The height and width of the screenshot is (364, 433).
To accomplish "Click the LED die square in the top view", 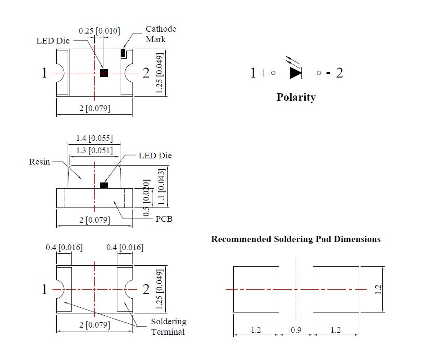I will (104, 72).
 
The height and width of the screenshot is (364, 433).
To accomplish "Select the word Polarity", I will (296, 97).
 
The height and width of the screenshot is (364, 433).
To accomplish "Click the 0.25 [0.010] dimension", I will (99, 31).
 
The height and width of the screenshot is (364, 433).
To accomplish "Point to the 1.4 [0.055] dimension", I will (94, 138).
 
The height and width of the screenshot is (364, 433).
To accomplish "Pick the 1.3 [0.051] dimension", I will (94, 150).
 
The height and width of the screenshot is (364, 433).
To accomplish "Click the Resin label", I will (39, 162).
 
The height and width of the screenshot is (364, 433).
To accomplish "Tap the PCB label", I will (164, 219).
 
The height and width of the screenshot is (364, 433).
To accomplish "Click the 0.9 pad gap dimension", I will (296, 330).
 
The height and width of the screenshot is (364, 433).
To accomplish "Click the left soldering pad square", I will (256, 289).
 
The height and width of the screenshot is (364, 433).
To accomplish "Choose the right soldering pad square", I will (336, 289).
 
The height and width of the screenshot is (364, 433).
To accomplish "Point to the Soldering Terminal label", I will (168, 327).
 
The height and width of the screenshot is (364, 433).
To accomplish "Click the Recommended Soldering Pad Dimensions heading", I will (296, 239).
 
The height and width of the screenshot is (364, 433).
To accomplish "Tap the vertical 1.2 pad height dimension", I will (378, 289).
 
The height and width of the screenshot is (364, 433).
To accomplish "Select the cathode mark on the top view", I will (124, 52).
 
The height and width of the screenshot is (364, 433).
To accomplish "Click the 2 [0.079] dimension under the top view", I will (94, 108).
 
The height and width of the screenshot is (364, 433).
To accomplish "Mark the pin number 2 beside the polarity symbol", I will (339, 73).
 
